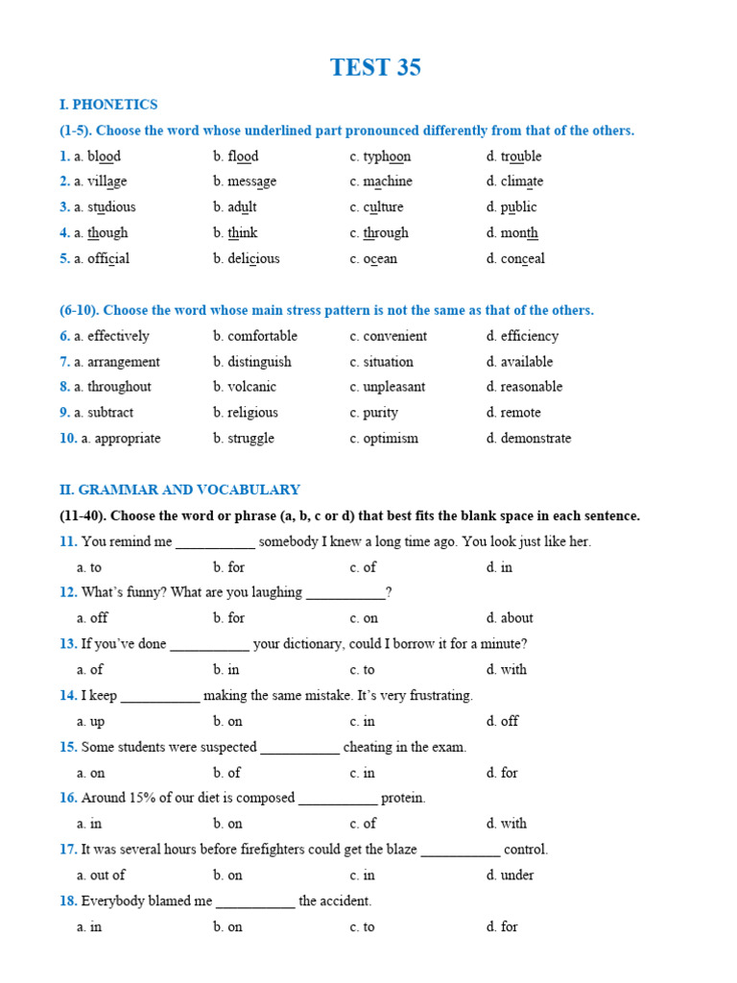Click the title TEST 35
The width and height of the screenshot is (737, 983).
375,67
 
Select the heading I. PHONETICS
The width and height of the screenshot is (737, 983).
108,105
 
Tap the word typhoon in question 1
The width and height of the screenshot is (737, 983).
387,156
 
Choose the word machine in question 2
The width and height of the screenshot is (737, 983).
388,181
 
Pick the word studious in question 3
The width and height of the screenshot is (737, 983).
111,207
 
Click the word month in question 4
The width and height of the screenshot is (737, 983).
519,232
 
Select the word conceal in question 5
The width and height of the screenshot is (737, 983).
522,258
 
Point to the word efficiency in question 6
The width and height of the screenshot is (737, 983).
529,336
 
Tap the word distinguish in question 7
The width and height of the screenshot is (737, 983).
259,362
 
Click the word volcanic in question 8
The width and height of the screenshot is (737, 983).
251,387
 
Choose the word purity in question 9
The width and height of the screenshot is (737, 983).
380,413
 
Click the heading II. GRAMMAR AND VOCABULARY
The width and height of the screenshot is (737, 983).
179,490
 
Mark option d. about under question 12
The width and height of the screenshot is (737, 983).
510,618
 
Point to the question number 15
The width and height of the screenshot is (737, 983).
68,747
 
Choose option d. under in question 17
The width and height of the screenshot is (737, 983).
510,875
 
